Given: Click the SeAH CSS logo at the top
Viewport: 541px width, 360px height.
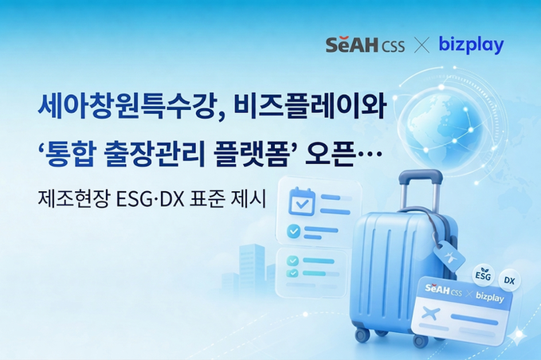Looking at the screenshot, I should point(365,45).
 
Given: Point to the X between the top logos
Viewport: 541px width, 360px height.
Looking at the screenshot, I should point(422,45).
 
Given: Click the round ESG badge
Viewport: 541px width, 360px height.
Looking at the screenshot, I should point(483,273).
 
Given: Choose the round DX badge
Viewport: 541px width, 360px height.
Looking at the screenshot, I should point(510,280).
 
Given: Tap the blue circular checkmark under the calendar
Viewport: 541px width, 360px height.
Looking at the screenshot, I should point(293,231).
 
